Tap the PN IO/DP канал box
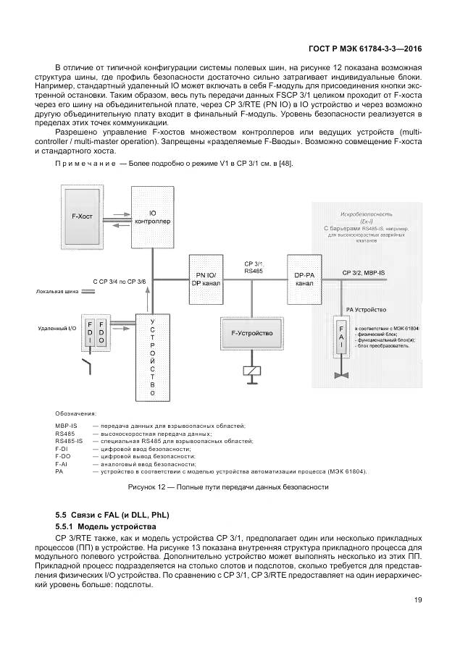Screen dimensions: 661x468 pyautogui.click(x=206, y=278)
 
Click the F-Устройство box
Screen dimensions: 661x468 pyautogui.click(x=251, y=333)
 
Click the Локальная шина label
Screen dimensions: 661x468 pyautogui.click(x=57, y=293)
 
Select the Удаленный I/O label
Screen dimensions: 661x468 pyautogui.click(x=57, y=328)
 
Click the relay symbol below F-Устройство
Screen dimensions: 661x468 pyautogui.click(x=251, y=371)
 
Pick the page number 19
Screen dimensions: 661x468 pyautogui.click(x=418, y=599)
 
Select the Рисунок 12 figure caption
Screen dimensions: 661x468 pyautogui.click(x=228, y=487)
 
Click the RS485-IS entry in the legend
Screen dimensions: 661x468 pyautogui.click(x=70, y=440)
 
